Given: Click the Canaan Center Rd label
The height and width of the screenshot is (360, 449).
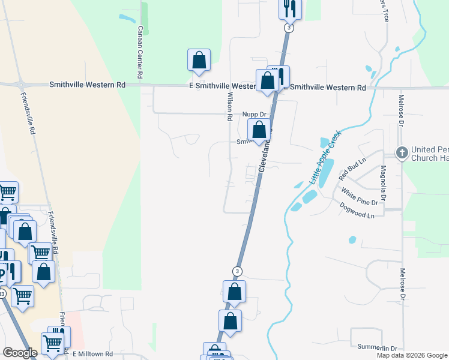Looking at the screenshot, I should [139, 53].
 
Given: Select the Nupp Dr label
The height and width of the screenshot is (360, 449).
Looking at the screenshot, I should [254, 114].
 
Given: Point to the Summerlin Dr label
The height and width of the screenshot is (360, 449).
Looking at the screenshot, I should [377, 348].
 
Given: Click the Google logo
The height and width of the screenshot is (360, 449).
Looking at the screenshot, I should [20, 353].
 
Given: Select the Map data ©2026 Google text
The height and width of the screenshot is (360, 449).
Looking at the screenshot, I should [411, 355].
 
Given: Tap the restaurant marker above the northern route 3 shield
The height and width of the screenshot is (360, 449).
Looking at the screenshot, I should [289, 8].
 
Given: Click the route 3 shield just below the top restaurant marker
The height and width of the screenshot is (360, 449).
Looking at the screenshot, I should [289, 28].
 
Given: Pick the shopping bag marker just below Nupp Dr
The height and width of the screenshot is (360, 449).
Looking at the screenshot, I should [259, 129].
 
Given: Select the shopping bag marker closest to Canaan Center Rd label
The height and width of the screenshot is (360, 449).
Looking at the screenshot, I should [199, 60].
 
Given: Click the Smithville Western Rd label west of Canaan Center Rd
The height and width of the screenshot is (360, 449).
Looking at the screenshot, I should [87, 86].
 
